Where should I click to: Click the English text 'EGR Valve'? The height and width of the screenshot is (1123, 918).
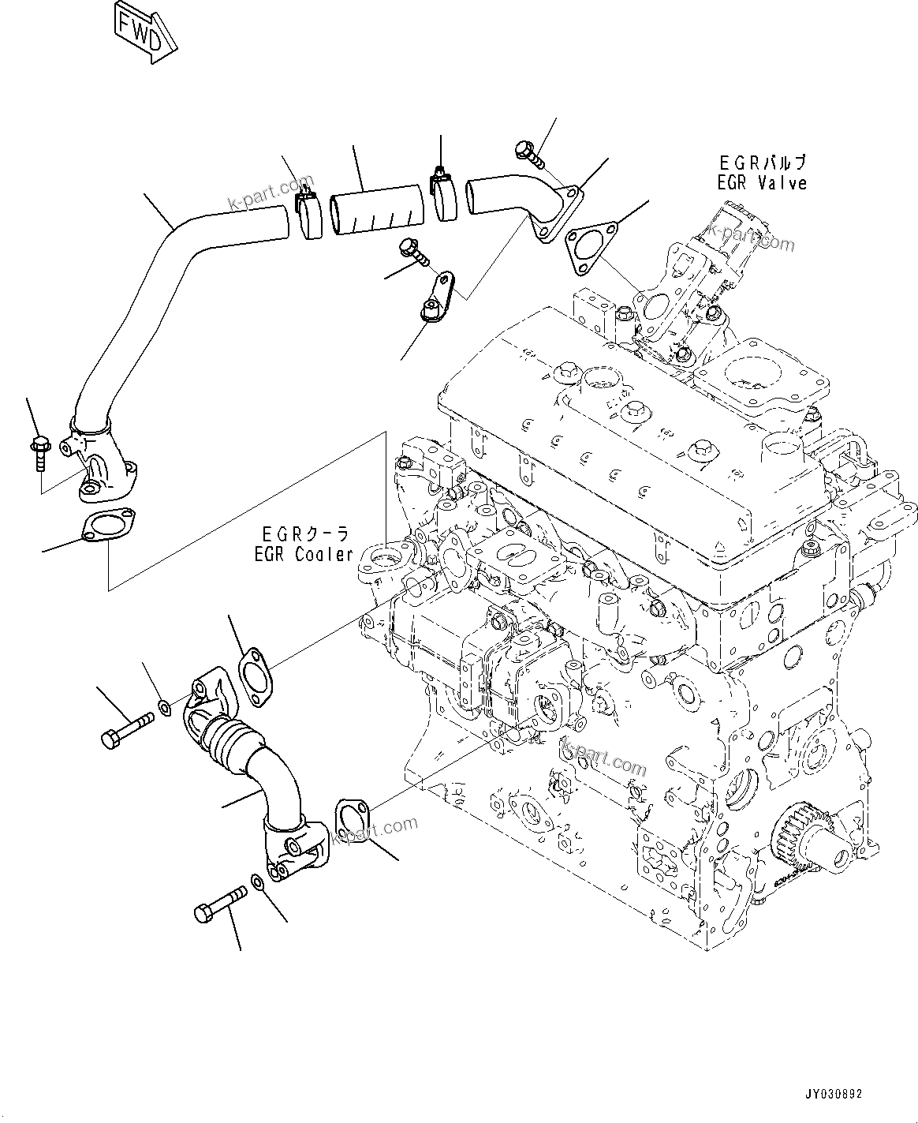763,183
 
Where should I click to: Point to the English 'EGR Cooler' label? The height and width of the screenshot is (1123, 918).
304,555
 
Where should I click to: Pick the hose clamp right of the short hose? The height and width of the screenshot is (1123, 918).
445,196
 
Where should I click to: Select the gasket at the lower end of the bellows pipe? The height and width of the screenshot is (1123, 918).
351,821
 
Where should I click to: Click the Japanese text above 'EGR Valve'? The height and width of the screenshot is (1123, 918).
763,163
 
